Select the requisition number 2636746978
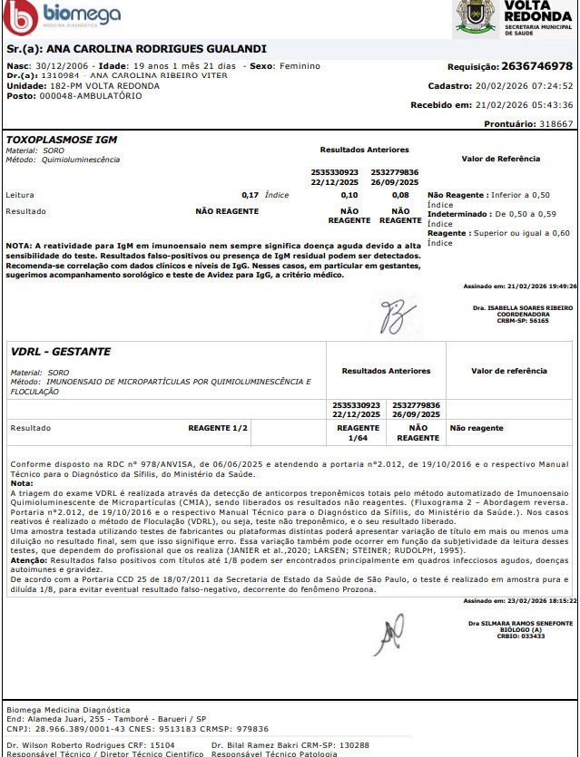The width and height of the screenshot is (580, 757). click(536, 66)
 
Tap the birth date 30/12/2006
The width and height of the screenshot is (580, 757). click(58, 66)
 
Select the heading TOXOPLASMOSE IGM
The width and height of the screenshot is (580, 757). click(62, 140)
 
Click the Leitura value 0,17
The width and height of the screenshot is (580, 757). click(251, 195)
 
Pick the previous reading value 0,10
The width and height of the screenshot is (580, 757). click(349, 195)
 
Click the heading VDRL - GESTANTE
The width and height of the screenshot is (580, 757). click(61, 351)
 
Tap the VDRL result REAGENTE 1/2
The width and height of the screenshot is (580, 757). click(217, 427)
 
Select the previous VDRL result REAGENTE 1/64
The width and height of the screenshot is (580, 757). click(358, 432)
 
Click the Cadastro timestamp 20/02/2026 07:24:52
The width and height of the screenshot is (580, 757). click(524, 86)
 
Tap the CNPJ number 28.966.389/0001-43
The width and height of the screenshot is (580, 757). click(78, 728)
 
